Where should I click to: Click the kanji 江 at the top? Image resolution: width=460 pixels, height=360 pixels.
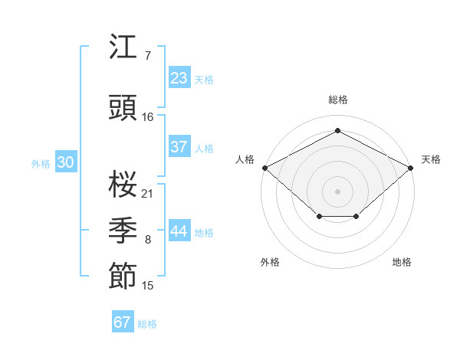pyautogui.click(x=123, y=46)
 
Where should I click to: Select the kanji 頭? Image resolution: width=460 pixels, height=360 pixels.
pyautogui.click(x=123, y=107)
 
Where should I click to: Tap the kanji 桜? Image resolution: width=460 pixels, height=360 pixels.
pyautogui.click(x=123, y=184)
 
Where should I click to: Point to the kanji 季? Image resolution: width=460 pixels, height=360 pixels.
pyautogui.click(x=123, y=230)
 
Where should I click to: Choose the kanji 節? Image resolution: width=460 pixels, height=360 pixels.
pyautogui.click(x=123, y=276)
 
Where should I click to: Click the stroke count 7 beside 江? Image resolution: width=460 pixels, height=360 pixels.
pyautogui.click(x=148, y=56)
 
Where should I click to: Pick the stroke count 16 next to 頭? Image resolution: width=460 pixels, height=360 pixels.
pyautogui.click(x=147, y=117)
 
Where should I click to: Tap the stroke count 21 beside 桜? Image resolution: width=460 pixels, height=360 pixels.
pyautogui.click(x=147, y=194)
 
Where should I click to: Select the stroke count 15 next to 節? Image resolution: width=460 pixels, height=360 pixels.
pyautogui.click(x=147, y=286)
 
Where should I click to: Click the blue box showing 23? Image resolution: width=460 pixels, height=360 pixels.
pyautogui.click(x=179, y=77)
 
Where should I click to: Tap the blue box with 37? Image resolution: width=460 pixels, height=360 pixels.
pyautogui.click(x=179, y=146)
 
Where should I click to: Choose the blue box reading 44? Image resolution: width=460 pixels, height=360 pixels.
pyautogui.click(x=179, y=230)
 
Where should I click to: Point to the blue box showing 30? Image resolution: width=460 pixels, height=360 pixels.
pyautogui.click(x=66, y=161)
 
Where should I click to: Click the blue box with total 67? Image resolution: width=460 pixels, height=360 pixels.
pyautogui.click(x=123, y=321)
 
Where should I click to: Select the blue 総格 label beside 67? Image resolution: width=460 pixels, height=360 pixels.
pyautogui.click(x=147, y=324)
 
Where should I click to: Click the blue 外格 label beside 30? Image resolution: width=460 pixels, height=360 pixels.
pyautogui.click(x=41, y=164)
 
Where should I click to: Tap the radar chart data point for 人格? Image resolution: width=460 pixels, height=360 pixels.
pyautogui.click(x=265, y=168)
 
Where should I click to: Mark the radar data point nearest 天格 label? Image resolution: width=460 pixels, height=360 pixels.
pyautogui.click(x=411, y=168)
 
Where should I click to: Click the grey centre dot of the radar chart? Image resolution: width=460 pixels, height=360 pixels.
pyautogui.click(x=337, y=191)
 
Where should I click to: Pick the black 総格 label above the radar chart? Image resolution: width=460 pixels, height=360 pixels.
pyautogui.click(x=338, y=100)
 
